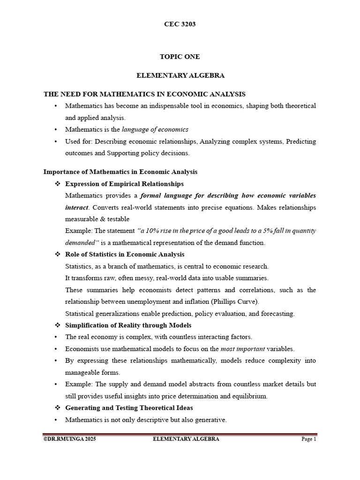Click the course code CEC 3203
(x=180, y=24)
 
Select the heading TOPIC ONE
(x=180, y=57)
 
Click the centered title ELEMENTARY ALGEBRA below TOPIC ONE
(x=180, y=75)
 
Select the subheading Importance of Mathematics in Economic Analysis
(x=120, y=172)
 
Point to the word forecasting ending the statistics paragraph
(x=277, y=314)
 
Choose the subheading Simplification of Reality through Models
(x=128, y=325)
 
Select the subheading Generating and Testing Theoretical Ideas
(x=129, y=408)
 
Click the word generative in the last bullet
(x=210, y=420)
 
